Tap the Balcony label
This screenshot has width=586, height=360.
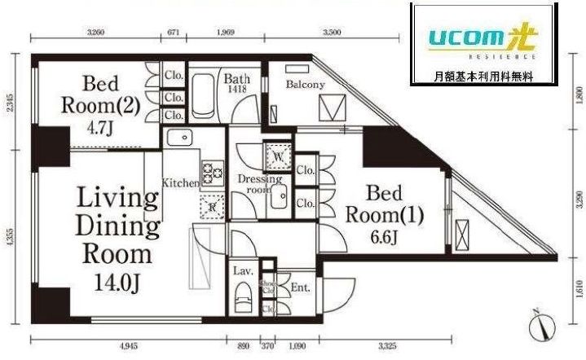click(x=306, y=85)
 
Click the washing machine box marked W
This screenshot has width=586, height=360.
click(x=278, y=155)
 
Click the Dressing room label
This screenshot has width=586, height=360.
click(x=259, y=184)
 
